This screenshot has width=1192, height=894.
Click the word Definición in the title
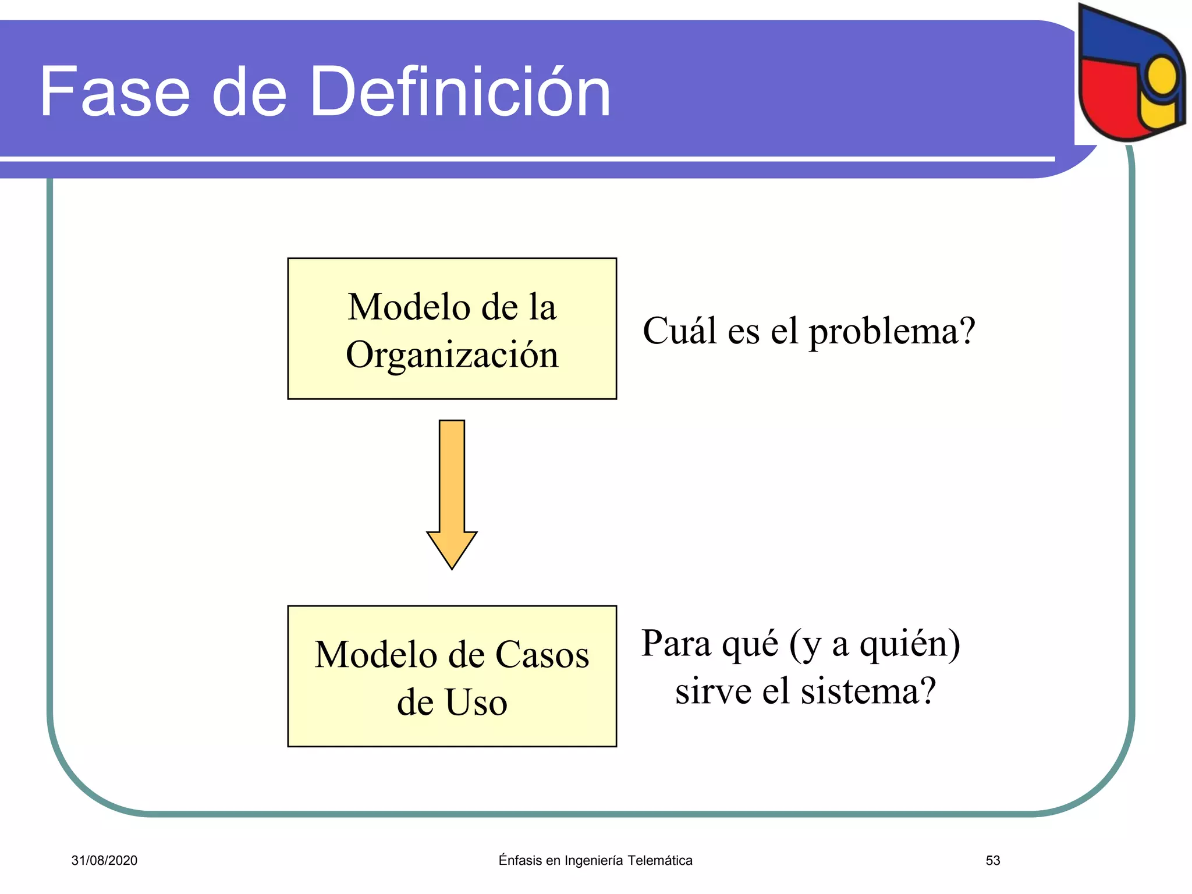(460, 92)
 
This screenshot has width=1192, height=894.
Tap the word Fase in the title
(115, 92)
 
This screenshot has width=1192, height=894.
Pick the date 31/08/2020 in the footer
(104, 860)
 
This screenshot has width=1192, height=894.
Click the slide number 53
(992, 860)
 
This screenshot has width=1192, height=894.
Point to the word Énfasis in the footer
(520, 860)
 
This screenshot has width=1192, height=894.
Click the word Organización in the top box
(452, 355)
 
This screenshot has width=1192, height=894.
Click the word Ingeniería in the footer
(593, 861)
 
